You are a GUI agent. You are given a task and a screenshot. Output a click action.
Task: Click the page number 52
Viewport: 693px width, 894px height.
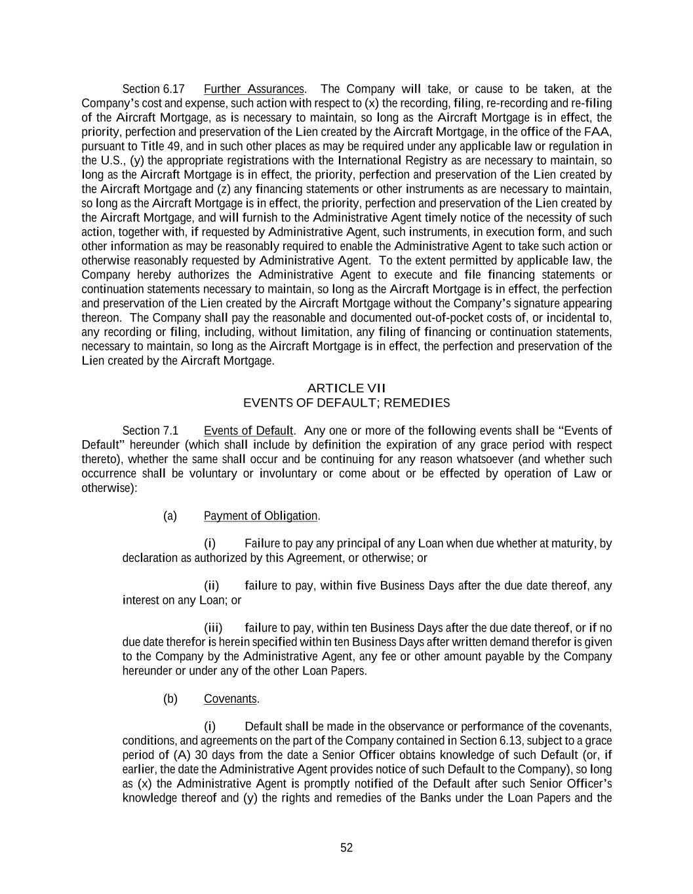pos(346,848)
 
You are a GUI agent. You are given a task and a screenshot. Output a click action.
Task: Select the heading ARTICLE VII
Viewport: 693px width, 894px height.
pos(346,388)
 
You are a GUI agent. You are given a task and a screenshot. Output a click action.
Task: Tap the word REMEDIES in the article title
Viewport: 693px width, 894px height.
pos(416,403)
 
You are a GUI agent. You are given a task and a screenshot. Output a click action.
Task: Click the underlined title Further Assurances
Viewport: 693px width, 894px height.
pos(254,89)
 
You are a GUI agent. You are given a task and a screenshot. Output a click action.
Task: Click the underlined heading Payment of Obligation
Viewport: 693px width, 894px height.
pos(260,516)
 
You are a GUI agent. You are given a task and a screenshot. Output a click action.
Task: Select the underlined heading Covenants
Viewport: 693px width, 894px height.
pos(230,699)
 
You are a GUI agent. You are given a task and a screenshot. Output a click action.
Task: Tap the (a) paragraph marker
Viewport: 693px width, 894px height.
pos(170,516)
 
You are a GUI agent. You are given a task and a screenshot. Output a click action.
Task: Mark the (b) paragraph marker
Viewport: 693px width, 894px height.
pos(170,699)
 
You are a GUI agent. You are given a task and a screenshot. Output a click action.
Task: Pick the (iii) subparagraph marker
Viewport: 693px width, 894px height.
pos(213,628)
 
